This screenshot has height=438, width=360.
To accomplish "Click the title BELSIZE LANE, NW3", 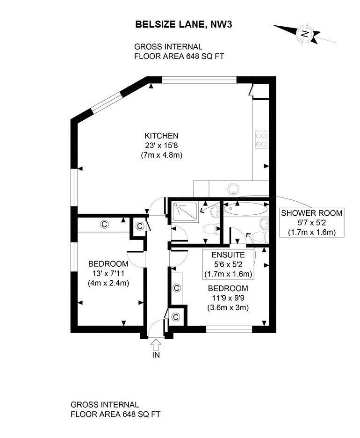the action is tap(183, 24).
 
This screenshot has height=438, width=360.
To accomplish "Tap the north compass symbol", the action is tap(304, 34).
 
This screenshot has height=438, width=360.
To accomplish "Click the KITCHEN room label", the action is tap(161, 136).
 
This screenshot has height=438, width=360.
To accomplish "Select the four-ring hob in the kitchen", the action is tap(261, 139).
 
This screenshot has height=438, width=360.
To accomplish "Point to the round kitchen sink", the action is tap(233, 189).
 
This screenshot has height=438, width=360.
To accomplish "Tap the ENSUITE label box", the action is tap(228, 264).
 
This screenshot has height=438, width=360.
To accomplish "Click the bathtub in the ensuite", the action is tap(246, 209).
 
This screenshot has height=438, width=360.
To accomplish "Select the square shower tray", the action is tap(185, 212).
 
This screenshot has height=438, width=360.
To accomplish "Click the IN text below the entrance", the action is tap(156, 355).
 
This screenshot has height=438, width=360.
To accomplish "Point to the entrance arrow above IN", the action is tap(156, 343).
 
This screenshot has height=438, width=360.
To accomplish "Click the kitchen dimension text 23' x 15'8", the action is tap(161, 146).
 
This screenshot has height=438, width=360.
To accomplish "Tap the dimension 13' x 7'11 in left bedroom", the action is tap(108, 273).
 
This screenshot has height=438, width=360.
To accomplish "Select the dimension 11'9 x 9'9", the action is tap(228, 298).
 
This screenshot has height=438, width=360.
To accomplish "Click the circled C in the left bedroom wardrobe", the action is tap(104, 224).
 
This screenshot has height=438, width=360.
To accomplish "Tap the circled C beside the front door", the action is tap(175, 317).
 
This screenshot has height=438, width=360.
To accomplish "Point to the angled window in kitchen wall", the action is tap(108, 103).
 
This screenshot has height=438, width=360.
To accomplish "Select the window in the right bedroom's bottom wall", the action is tap(229, 329).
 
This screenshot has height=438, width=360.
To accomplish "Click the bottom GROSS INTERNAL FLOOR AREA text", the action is tap(115, 409).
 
